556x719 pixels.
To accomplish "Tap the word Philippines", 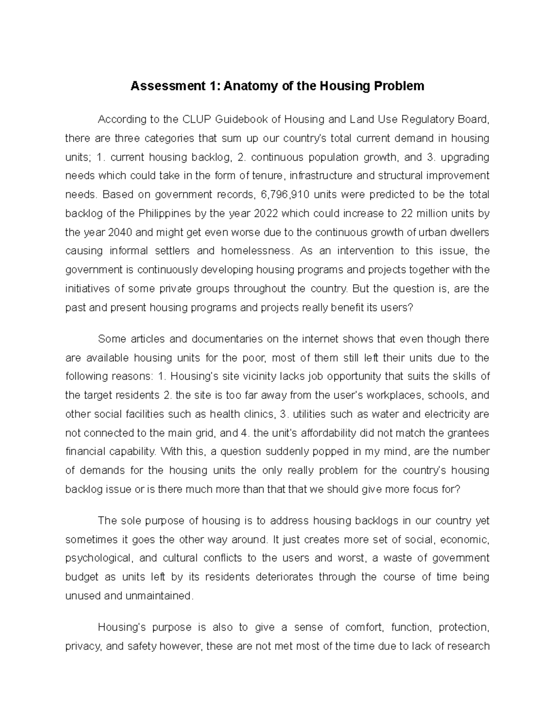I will [163, 213].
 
